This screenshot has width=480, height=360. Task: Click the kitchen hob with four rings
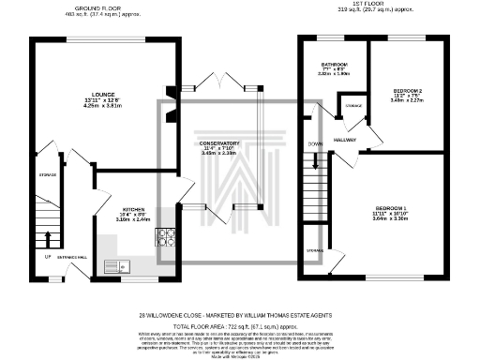click(x=167, y=237)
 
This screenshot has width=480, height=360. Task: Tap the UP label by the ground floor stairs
click(x=47, y=256)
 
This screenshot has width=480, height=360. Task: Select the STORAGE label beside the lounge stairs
click(x=49, y=174)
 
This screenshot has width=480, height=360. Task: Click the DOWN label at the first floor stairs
click(x=316, y=144)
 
